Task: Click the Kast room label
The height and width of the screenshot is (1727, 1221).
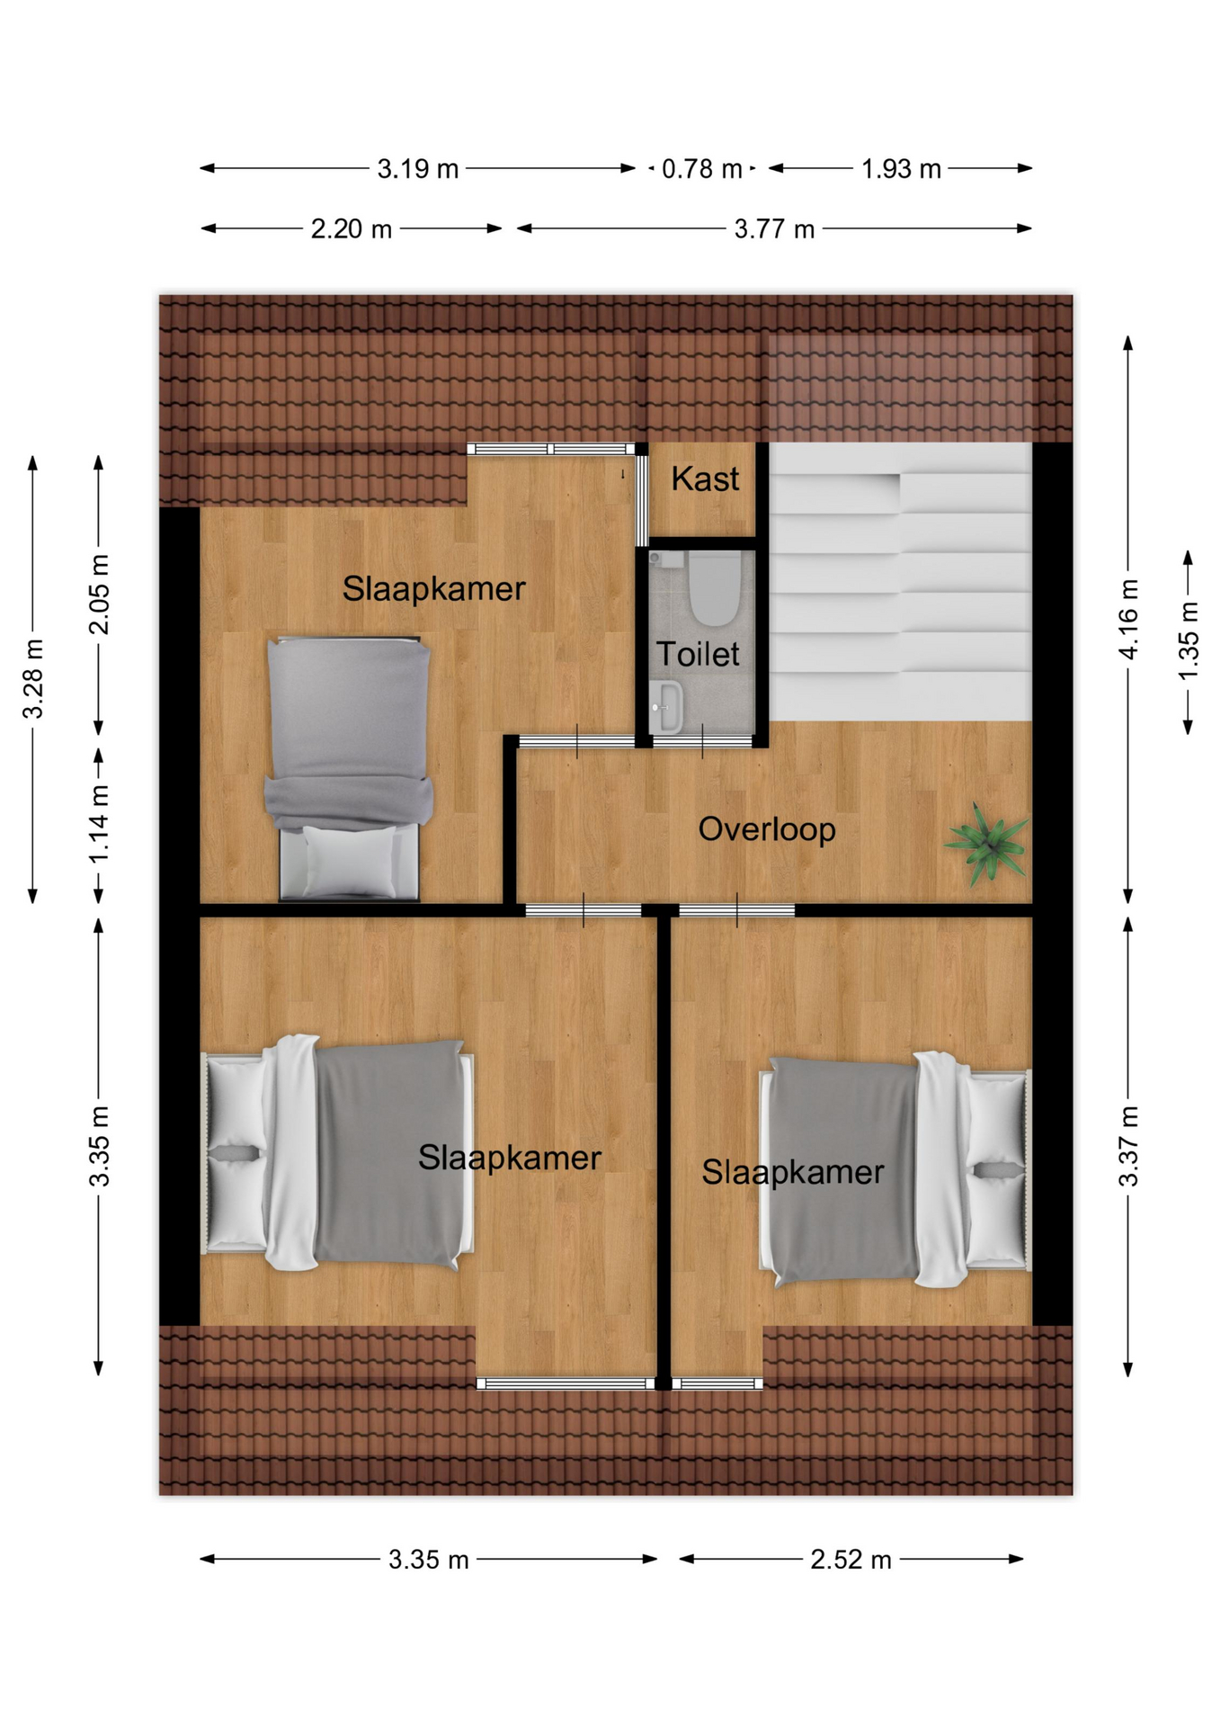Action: tap(705, 479)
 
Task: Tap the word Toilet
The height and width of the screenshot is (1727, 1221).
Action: tap(698, 654)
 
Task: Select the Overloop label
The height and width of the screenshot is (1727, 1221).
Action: tap(767, 829)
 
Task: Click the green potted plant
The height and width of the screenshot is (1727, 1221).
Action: tap(987, 844)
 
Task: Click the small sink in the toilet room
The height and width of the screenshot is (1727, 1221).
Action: tap(666, 706)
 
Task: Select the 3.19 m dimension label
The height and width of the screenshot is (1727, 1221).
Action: tap(418, 169)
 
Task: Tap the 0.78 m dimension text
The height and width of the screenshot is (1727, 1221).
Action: tap(702, 169)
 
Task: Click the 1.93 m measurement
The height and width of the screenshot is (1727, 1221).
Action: tap(901, 169)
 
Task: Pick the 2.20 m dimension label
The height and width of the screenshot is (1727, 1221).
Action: tap(352, 229)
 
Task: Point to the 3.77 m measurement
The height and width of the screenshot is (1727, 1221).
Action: tap(774, 229)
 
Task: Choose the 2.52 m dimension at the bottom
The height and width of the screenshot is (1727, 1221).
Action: tap(851, 1560)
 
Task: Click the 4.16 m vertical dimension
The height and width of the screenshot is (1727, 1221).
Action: tap(1129, 619)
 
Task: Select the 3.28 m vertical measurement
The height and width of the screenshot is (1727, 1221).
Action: tap(33, 679)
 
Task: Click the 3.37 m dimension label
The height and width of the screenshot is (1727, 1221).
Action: tap(1129, 1147)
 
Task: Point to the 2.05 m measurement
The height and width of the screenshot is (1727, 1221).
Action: tap(99, 595)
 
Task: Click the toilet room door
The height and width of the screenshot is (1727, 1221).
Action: tap(702, 742)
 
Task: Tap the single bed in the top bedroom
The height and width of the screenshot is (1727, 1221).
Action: tap(349, 768)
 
